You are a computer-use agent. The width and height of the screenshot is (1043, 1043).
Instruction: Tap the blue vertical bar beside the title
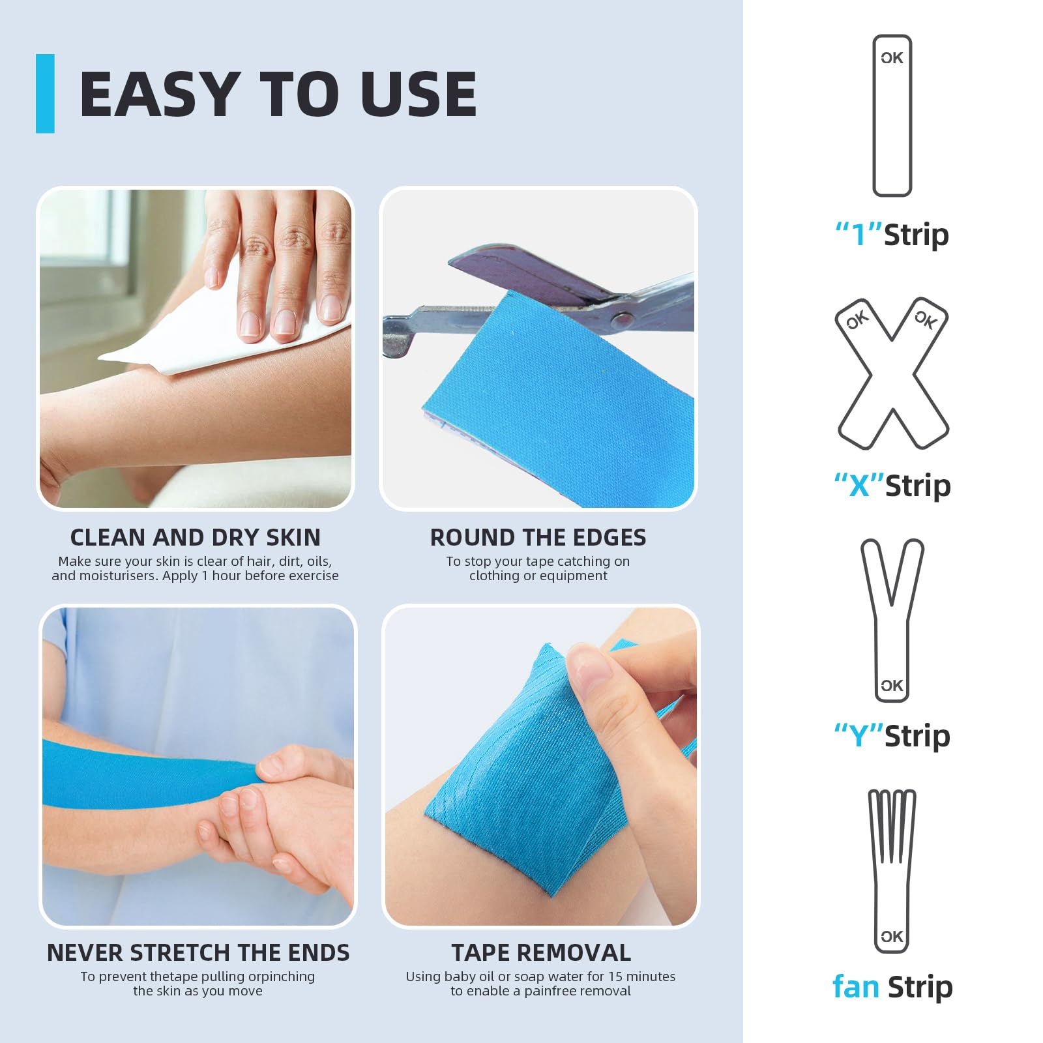[x=45, y=94]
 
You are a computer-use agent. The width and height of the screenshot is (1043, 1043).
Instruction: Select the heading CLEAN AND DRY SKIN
[x=195, y=537]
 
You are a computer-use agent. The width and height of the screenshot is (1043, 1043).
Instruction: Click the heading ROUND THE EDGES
[x=538, y=537]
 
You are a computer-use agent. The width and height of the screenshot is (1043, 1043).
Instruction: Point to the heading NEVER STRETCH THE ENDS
[x=198, y=952]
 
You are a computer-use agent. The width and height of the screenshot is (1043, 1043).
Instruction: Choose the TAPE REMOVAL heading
[x=541, y=952]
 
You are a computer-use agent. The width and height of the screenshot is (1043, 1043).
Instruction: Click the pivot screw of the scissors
[x=623, y=319]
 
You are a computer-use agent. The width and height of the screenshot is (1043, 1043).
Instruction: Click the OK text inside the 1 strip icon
[x=892, y=58]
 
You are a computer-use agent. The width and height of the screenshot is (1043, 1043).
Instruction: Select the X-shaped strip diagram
[x=892, y=375]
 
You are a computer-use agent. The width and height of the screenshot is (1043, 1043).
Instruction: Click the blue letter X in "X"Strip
[x=859, y=486]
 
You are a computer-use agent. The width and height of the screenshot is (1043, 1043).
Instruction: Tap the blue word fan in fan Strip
[x=855, y=987]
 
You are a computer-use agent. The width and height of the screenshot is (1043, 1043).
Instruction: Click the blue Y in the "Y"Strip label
[x=859, y=737]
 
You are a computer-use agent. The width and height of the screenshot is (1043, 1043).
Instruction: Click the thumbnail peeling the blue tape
[x=540, y=766]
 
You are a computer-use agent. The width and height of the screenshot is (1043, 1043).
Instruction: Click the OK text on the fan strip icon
[x=892, y=937]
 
